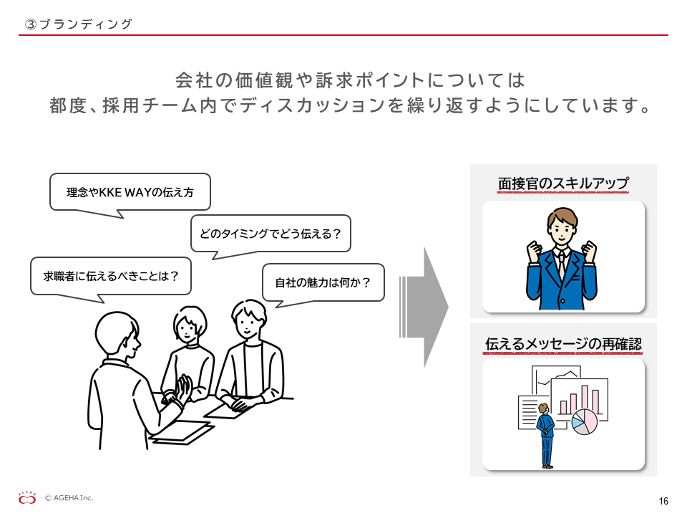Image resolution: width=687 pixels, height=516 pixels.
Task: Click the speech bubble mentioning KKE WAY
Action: pos(130,192)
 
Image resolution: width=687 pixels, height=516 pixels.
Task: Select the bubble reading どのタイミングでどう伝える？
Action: pos(271,234)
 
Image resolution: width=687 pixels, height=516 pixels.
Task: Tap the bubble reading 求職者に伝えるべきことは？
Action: pos(111,276)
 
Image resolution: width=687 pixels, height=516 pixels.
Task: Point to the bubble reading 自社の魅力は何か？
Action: pos(323,282)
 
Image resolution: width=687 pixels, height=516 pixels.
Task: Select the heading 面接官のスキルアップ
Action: pos(563,183)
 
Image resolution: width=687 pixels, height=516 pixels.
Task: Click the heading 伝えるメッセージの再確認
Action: pos(563,343)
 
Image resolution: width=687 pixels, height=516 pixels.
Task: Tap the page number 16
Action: pos(663,501)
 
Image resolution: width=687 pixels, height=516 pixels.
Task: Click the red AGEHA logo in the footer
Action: pos(27,498)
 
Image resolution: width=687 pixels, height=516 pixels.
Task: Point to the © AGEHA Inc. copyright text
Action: pos(69,497)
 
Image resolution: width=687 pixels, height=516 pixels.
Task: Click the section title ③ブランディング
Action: pos(79,24)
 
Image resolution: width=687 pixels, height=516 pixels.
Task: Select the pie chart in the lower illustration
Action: pos(585,422)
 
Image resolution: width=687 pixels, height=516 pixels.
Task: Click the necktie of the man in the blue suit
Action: pos(561,264)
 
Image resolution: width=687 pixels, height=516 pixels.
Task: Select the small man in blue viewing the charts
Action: pos(546,435)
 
